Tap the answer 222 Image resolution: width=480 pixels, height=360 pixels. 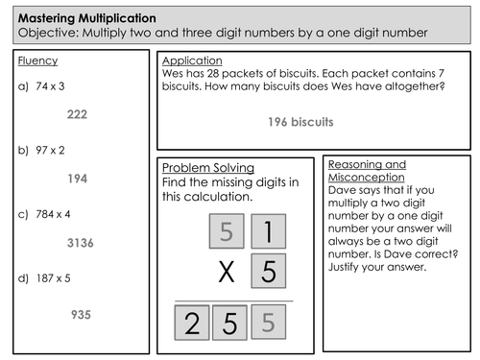pyautogui.click(x=77, y=114)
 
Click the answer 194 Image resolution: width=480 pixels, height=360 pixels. pyautogui.click(x=77, y=179)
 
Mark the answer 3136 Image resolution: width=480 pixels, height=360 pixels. pyautogui.click(x=80, y=244)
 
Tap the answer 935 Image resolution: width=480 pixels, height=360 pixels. pyautogui.click(x=80, y=314)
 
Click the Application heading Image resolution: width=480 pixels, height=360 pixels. pyautogui.click(x=192, y=60)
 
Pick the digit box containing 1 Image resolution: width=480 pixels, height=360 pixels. pyautogui.click(x=268, y=231)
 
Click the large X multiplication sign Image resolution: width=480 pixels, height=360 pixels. pyautogui.click(x=227, y=273)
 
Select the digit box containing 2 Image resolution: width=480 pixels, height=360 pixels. pyautogui.click(x=192, y=323)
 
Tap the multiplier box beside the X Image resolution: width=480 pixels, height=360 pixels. pyautogui.click(x=268, y=273)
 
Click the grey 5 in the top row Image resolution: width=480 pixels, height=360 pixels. pyautogui.click(x=227, y=231)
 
